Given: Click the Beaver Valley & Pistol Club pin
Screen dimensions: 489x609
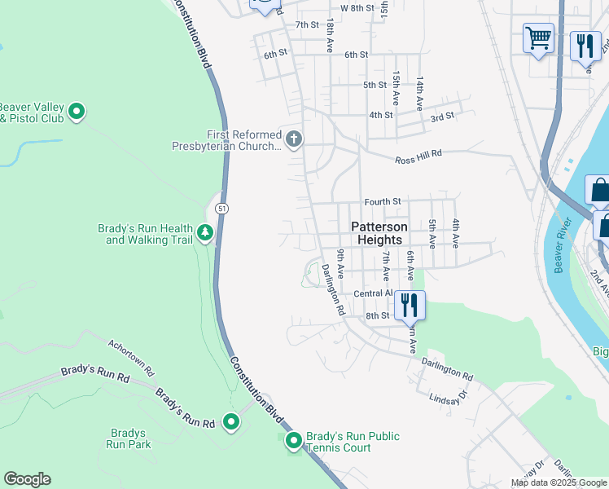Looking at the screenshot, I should [x=77, y=111].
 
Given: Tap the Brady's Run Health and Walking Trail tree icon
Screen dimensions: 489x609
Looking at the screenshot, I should [x=205, y=234].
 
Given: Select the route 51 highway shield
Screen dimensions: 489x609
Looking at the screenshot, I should [x=222, y=209].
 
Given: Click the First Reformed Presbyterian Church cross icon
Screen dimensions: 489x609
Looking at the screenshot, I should [x=293, y=140].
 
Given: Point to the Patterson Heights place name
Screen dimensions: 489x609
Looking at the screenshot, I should [x=376, y=233].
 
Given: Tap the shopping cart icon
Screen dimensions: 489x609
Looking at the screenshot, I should [x=538, y=38].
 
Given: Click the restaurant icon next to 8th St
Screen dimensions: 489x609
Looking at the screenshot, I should [x=410, y=306].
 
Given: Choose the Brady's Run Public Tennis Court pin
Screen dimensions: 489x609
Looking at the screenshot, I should [x=294, y=441].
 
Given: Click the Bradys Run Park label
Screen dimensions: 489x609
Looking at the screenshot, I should [x=129, y=439].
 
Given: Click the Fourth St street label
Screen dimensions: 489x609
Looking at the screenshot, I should [x=383, y=201].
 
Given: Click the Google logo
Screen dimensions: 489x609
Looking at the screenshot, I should [x=27, y=479].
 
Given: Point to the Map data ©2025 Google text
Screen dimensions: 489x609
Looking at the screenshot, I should [x=559, y=482].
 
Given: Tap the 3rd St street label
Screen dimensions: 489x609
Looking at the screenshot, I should [x=442, y=117].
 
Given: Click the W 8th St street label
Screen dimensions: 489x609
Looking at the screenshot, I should [x=357, y=8].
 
